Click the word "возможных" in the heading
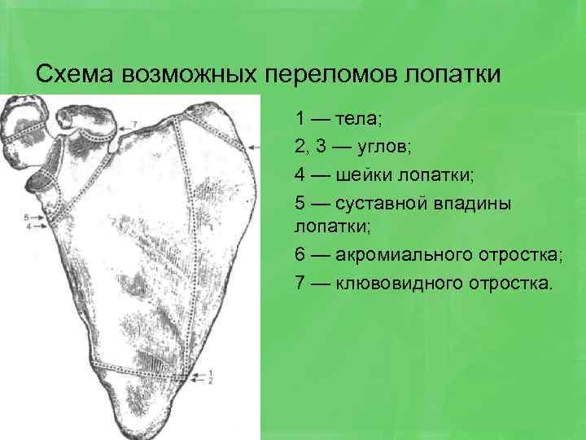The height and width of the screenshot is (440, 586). coord(190,74)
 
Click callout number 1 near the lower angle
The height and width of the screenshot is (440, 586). coord(211,372)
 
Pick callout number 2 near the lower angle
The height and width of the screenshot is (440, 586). coord(211,381)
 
